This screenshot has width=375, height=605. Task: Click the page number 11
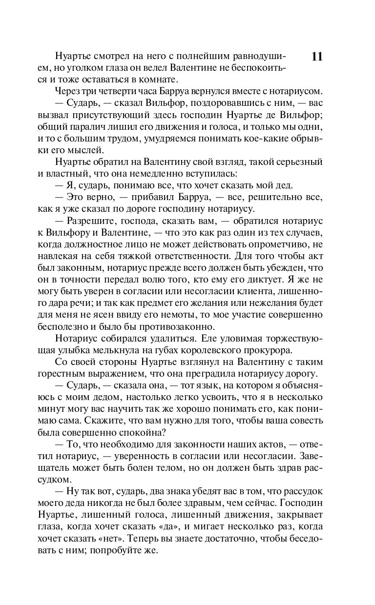[316, 56]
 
